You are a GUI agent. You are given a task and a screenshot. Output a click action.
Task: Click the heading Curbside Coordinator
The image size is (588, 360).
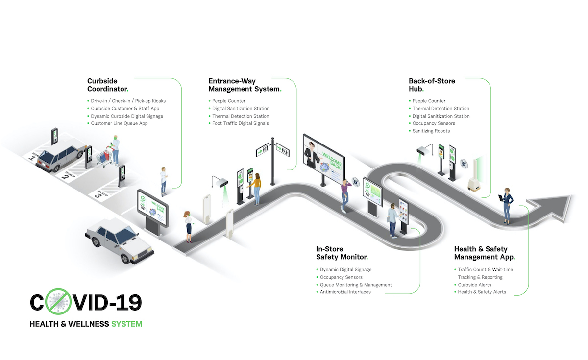click(107, 85)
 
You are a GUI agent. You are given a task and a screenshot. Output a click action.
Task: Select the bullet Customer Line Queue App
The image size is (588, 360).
click(119, 123)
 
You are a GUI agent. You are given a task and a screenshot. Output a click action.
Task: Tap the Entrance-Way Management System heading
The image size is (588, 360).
click(245, 85)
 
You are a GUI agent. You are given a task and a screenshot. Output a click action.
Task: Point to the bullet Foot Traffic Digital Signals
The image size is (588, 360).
click(240, 123)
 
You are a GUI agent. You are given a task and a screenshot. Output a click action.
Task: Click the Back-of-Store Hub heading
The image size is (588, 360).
click(432, 85)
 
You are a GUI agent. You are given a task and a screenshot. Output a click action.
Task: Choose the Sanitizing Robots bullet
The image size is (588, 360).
click(431, 131)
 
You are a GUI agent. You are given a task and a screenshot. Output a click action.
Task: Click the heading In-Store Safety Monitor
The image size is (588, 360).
click(342, 253)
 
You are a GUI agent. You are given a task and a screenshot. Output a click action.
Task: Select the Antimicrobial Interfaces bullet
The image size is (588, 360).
click(345, 292)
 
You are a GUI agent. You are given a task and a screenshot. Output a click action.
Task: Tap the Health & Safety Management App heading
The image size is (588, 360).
click(484, 253)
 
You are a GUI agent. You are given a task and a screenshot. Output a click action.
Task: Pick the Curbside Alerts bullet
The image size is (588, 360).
click(474, 285)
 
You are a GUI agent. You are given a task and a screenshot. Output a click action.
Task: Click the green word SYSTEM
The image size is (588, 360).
click(126, 324)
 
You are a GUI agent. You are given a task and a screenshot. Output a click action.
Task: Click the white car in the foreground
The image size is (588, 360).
click(115, 240)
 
